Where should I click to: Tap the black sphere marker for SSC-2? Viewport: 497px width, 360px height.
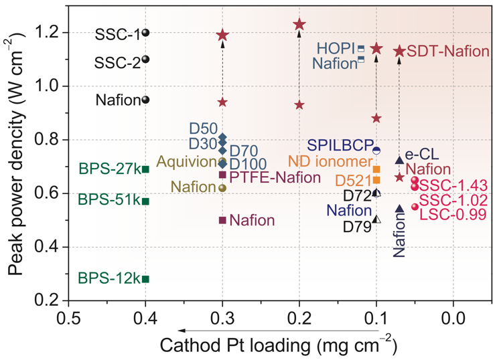tap(145, 59)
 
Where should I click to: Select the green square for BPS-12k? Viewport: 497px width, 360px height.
tap(145, 279)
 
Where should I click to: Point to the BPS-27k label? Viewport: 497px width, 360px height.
tap(109, 169)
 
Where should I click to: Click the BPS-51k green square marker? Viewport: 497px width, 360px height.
tap(145, 201)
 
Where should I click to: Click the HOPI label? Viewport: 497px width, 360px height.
tap(336, 48)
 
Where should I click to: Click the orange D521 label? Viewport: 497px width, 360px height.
tap(353, 181)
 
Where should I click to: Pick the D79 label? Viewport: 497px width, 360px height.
tap(356, 227)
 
